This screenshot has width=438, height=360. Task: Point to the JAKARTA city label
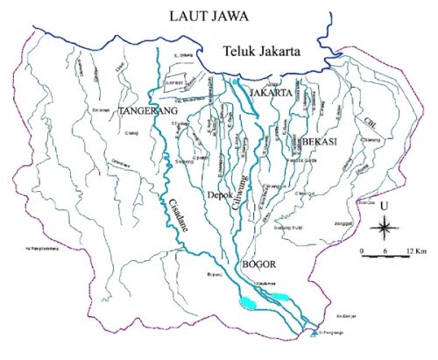[271, 92]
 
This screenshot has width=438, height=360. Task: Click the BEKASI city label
[321, 141]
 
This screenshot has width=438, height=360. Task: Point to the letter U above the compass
[384, 207]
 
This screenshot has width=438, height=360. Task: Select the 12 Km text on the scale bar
[410, 251]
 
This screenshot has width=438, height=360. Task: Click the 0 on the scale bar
[362, 251]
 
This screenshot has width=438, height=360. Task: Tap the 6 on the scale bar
[383, 251]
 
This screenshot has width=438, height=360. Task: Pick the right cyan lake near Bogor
[282, 297]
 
